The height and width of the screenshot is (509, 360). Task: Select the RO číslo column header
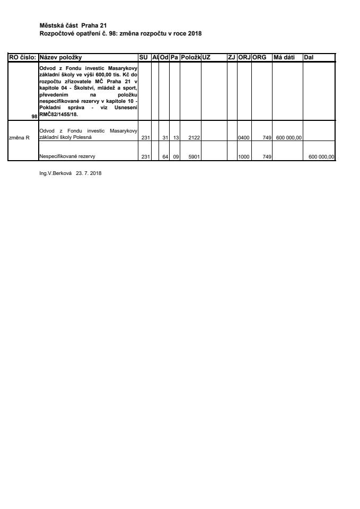[22, 57]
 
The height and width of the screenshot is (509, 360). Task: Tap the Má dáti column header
[283, 57]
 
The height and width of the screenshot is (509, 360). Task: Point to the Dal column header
[309, 57]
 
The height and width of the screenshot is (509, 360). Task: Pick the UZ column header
[207, 57]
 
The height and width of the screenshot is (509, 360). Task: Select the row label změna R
[19, 138]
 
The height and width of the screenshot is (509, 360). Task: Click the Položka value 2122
[193, 138]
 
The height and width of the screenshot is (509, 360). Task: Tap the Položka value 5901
[193, 156]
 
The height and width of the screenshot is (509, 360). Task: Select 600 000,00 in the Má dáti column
[289, 138]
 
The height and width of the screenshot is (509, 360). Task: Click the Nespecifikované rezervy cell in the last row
[63, 156]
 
